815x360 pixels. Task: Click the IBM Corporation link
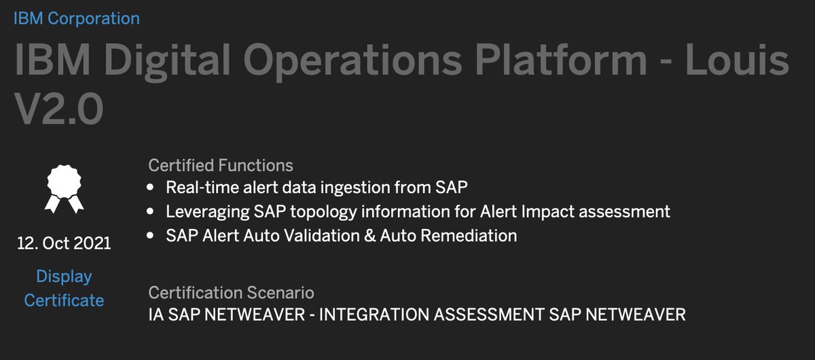pos(77,18)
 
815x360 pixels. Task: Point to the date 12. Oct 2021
pos(63,243)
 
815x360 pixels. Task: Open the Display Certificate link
pos(64,288)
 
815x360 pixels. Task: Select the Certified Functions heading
pos(221,165)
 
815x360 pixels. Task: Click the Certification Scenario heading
pos(231,293)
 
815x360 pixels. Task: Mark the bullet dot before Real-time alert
pos(151,187)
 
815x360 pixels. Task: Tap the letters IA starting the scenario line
pos(156,316)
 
